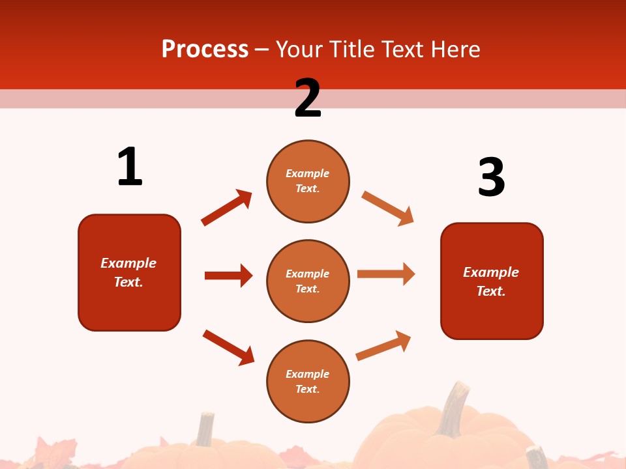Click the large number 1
pos(130,167)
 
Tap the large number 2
pos(308,98)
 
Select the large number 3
pos(491,177)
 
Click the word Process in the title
pos(205,49)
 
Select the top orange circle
pos(308,181)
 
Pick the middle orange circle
pos(308,281)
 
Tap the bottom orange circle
pos(308,381)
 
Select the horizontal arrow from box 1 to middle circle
pos(228,276)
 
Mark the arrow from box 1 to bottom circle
pos(228,347)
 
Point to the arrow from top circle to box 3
pos(387,208)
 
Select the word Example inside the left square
pos(128,263)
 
